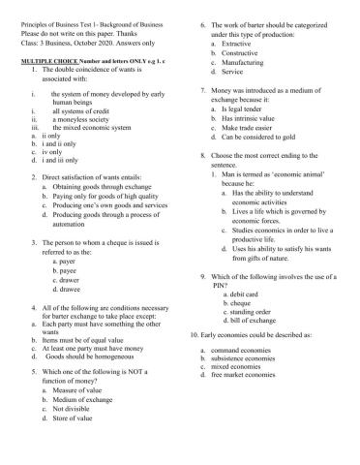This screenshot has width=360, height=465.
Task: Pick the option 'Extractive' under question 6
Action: point(238,44)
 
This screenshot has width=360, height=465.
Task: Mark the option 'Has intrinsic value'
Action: point(253,118)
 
